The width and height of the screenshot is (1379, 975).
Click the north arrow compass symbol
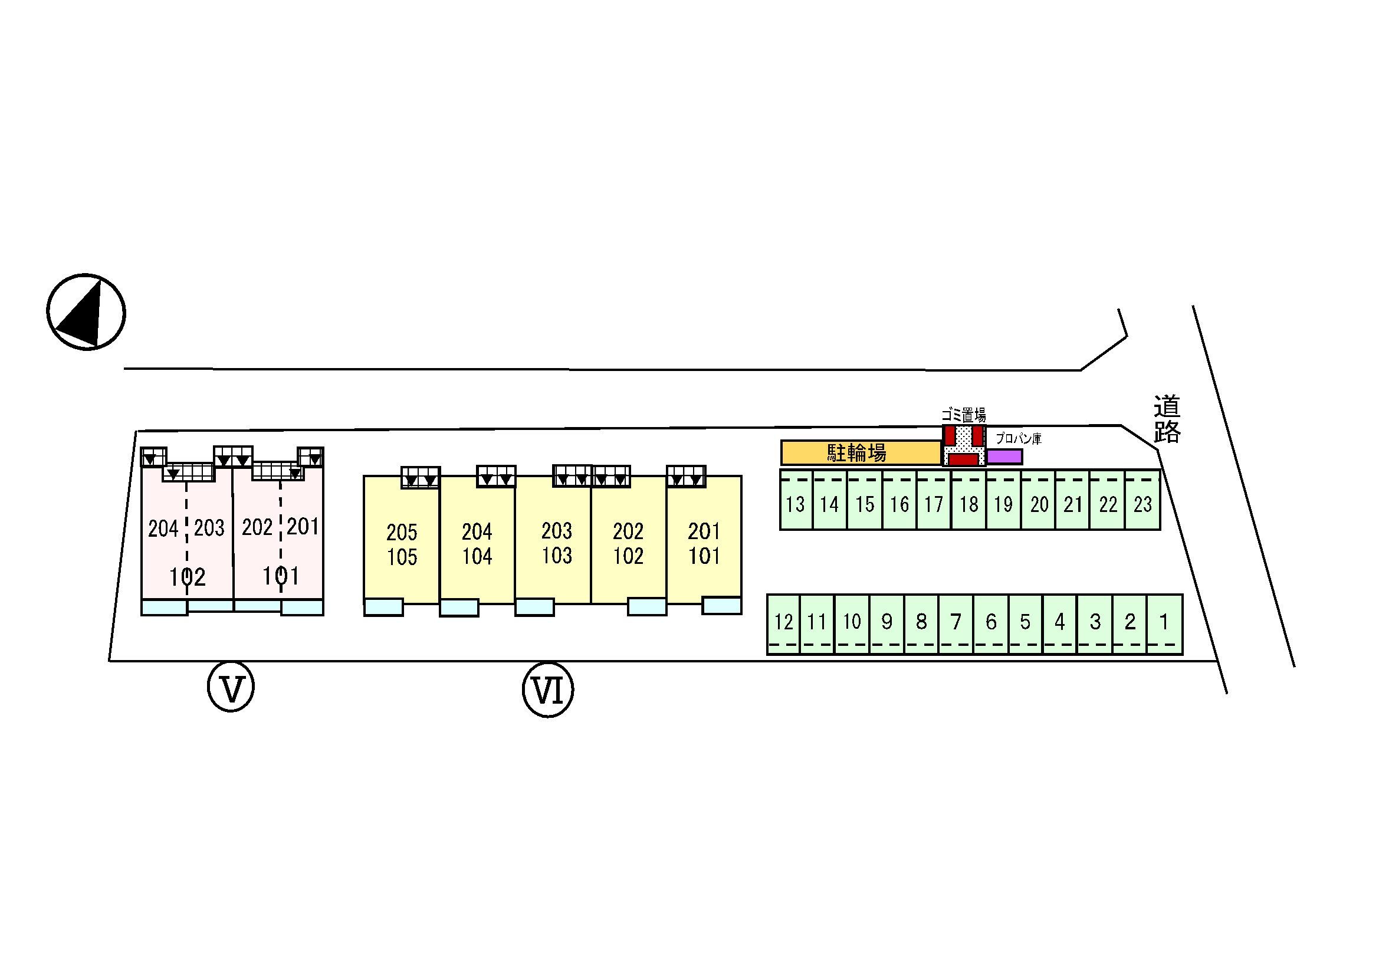click(x=86, y=313)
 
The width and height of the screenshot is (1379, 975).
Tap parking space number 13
click(x=795, y=503)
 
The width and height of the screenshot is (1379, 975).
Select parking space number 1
click(x=1164, y=622)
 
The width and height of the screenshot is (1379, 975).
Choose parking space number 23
click(x=1142, y=503)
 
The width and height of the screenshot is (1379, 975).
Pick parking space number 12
click(x=783, y=622)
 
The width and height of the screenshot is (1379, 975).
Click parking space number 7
click(x=956, y=622)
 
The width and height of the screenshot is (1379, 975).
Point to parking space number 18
click(x=969, y=503)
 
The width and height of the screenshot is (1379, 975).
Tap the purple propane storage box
click(x=1004, y=457)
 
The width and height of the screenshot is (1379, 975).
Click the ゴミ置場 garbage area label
click(x=963, y=415)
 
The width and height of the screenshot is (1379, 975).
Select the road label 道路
click(x=1167, y=419)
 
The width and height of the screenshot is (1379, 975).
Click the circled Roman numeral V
click(x=231, y=686)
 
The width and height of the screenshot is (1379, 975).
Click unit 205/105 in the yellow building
click(x=402, y=544)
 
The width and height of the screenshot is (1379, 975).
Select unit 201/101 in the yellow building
click(x=704, y=543)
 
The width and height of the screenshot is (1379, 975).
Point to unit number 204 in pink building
click(x=163, y=528)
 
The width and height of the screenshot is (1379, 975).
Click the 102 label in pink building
click(x=188, y=577)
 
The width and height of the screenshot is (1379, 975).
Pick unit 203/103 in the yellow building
click(x=557, y=543)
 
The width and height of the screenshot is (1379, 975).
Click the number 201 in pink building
click(x=302, y=527)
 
